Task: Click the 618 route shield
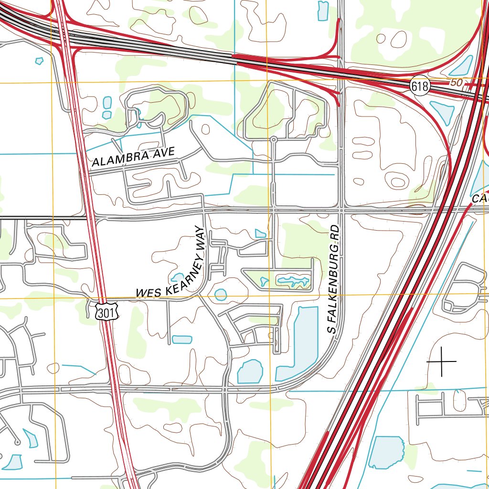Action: (x=420, y=86)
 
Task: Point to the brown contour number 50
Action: (x=457, y=83)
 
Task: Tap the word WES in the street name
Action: (x=146, y=292)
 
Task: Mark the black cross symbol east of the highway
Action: (x=442, y=361)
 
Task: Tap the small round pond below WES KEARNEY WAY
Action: (x=221, y=295)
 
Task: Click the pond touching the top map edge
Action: (x=323, y=10)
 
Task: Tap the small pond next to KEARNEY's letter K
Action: (x=177, y=277)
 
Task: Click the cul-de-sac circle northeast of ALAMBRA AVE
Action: (x=274, y=139)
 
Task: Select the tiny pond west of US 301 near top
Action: (x=39, y=61)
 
